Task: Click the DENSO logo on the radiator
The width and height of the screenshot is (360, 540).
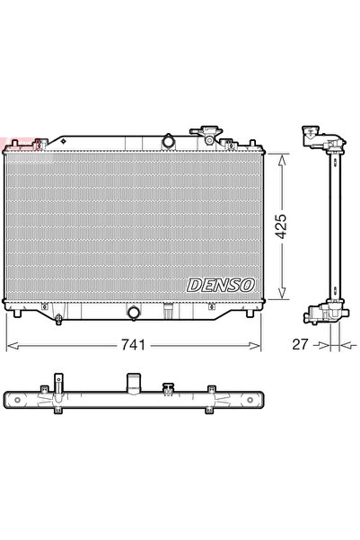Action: (220, 285)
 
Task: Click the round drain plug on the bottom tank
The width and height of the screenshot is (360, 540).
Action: (134, 314)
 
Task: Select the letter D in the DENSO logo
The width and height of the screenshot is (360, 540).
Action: (193, 285)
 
